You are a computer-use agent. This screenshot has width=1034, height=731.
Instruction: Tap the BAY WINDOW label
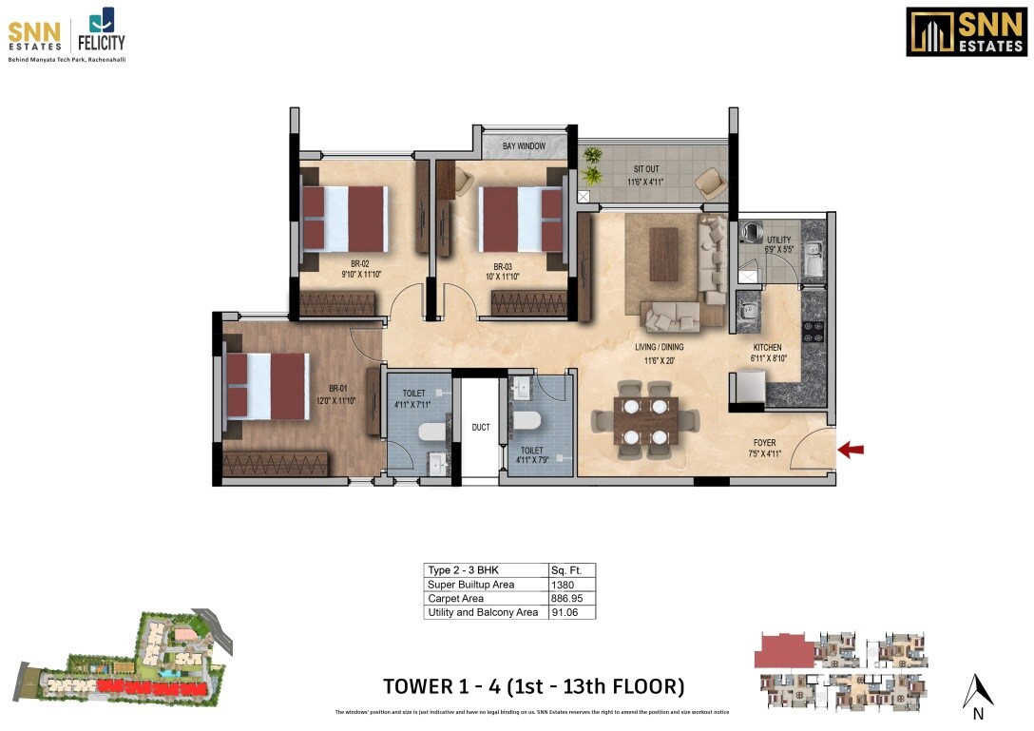point(524,146)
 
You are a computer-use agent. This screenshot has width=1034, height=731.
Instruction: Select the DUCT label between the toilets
point(481,428)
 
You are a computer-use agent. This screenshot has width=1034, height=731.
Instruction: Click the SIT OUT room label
point(646,169)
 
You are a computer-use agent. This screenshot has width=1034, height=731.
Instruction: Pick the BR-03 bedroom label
point(503,266)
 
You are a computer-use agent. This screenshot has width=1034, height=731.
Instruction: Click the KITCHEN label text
point(767,348)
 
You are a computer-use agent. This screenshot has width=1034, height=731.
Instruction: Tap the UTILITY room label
point(778,240)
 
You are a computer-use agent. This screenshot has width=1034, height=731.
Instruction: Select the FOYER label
point(765,443)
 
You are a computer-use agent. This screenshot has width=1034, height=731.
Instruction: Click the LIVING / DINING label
point(660,347)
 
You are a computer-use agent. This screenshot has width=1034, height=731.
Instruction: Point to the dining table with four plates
point(645,421)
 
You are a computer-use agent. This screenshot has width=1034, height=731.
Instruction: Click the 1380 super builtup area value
point(563,585)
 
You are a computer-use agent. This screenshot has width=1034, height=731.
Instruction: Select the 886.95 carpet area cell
point(568,599)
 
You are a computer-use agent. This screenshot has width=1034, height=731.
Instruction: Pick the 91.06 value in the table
point(565,613)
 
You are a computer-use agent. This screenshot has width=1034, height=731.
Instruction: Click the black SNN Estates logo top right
point(966,32)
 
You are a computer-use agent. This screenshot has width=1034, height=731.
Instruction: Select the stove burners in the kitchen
point(815,331)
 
